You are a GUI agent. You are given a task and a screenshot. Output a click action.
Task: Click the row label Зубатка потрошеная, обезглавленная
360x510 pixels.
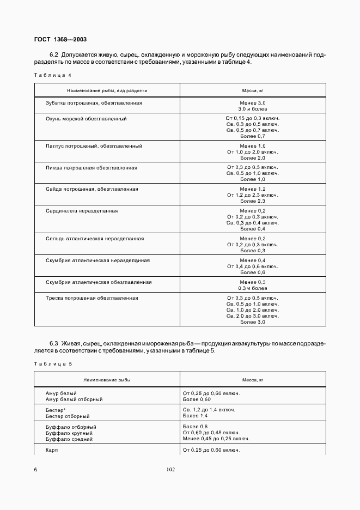click(x=94, y=102)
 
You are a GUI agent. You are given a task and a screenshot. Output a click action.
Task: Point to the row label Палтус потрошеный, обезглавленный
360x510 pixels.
click(x=94, y=146)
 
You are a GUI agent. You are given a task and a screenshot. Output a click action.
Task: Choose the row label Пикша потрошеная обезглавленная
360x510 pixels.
click(x=91, y=167)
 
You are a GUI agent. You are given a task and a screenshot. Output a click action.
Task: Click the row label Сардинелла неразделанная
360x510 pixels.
click(x=82, y=210)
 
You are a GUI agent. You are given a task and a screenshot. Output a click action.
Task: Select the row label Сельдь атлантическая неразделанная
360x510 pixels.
click(x=95, y=239)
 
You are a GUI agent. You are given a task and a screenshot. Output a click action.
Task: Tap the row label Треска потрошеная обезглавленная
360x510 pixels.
click(x=91, y=298)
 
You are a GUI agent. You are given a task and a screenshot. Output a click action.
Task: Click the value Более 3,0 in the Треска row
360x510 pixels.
click(x=253, y=322)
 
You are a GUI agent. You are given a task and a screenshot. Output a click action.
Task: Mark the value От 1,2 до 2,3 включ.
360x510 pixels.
click(x=253, y=195)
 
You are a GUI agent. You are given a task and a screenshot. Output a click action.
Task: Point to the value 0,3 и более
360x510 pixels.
click(x=253, y=288)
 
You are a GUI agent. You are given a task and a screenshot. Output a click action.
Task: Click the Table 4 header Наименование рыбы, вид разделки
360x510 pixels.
click(x=107, y=90)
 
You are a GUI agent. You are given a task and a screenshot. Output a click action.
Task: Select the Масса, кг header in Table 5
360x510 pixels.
click(x=253, y=379)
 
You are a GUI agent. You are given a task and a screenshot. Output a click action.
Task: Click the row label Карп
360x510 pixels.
click(x=52, y=450)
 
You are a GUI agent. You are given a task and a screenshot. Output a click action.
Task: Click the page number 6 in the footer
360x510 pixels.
click(x=35, y=469)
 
